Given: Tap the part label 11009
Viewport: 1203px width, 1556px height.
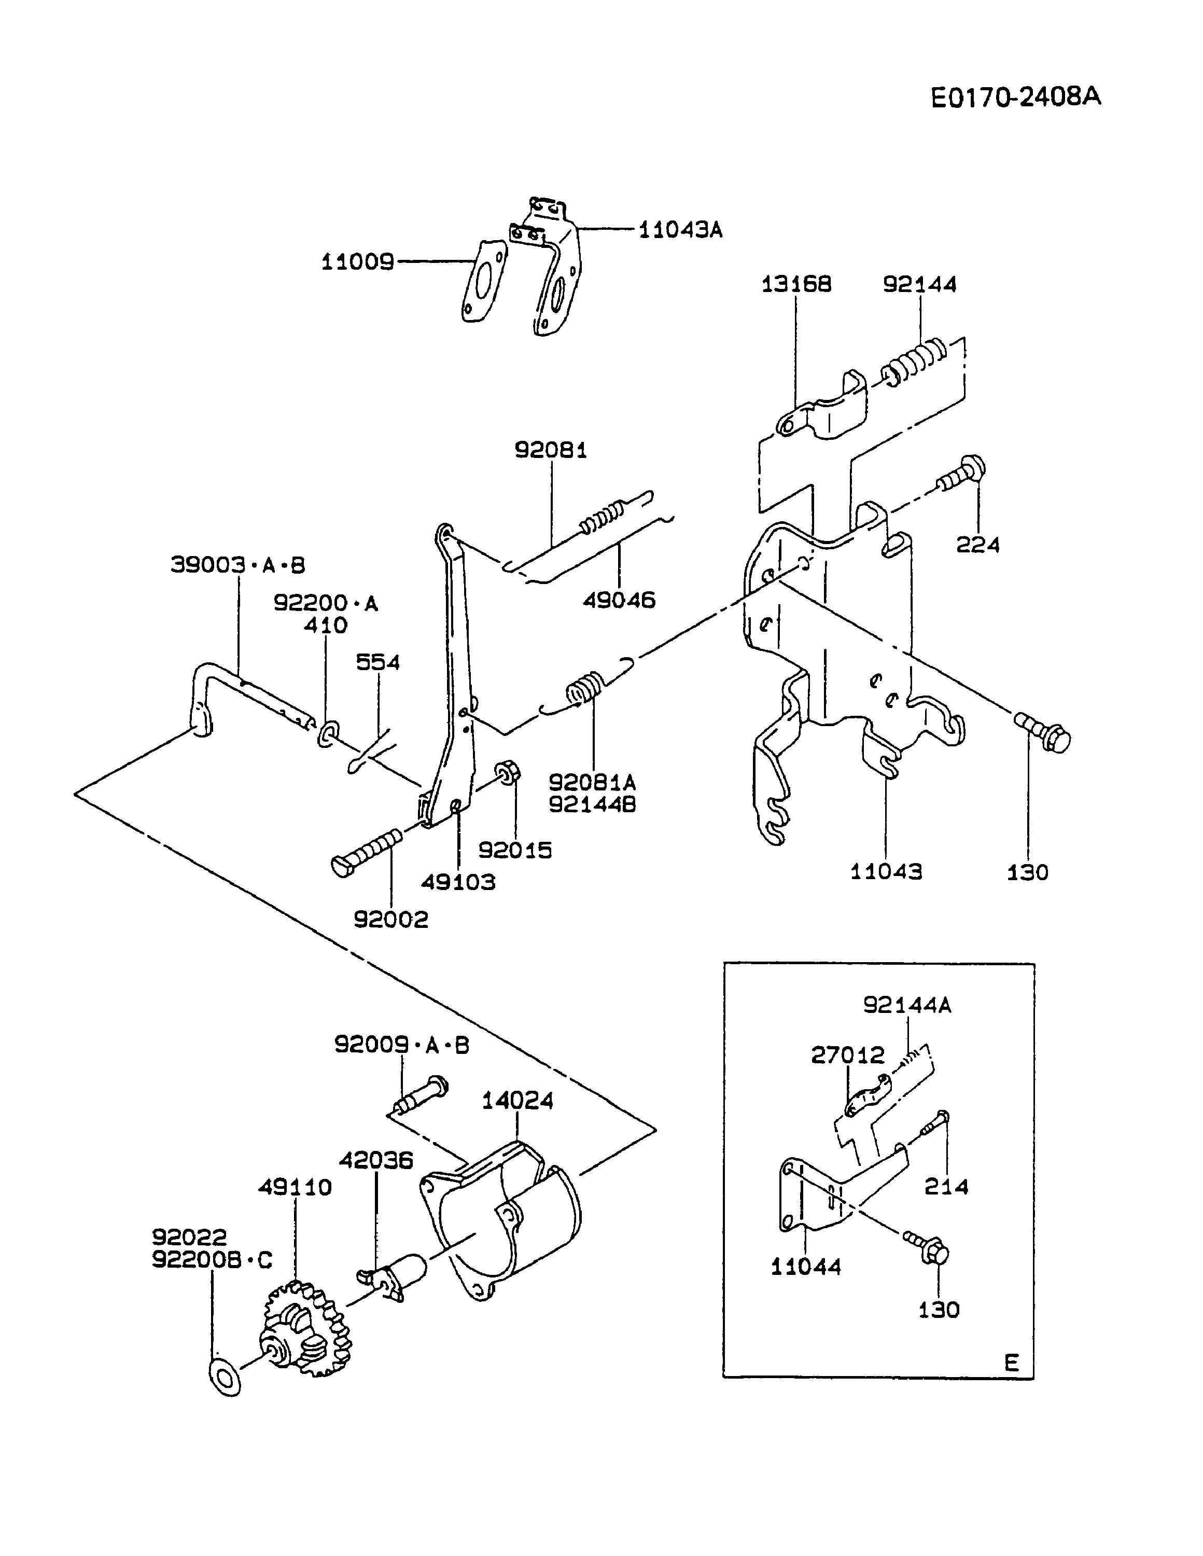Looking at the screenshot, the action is [x=358, y=262].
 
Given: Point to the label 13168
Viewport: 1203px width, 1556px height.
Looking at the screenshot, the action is [x=796, y=284].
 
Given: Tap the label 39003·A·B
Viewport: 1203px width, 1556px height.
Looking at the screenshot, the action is [x=238, y=565].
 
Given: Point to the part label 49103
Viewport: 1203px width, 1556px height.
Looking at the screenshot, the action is [x=458, y=882].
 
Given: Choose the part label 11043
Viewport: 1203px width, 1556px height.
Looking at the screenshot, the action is [x=886, y=871].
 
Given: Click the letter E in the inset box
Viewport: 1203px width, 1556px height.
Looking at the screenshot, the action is [x=1012, y=1363].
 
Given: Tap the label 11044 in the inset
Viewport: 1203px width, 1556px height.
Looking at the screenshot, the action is [x=806, y=1266].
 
